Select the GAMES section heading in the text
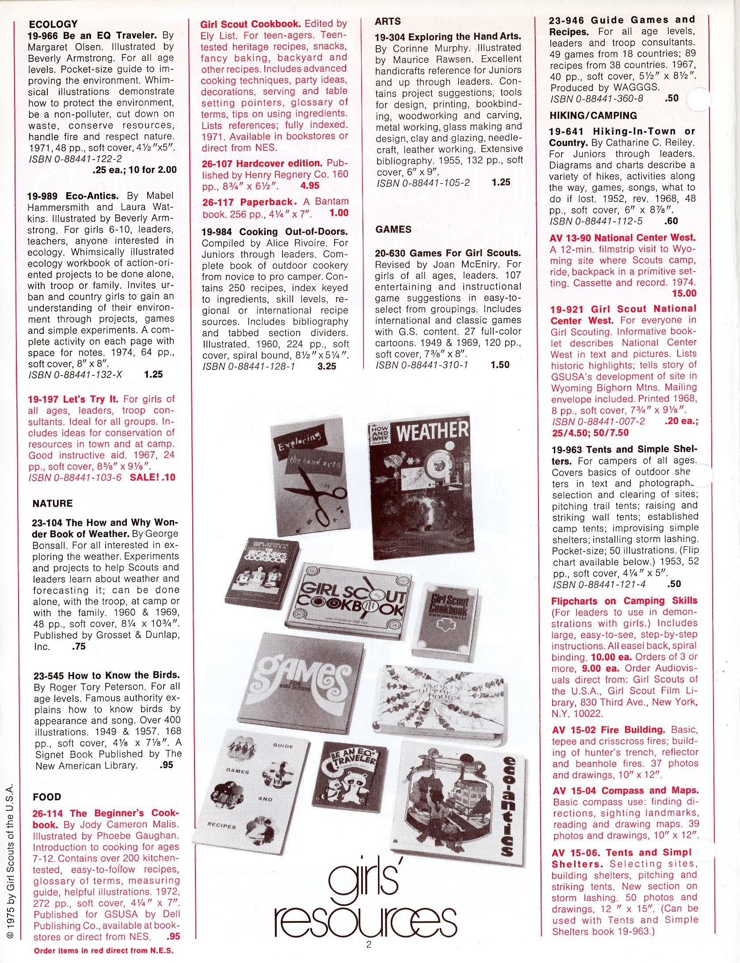pos(393,229)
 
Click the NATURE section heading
pos(52,503)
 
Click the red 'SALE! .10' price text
pos(153,477)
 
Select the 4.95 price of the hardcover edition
pos(309,186)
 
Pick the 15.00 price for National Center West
pos(684,293)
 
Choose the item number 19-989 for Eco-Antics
pos(46,196)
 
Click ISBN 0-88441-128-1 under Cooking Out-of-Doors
pos(248,366)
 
